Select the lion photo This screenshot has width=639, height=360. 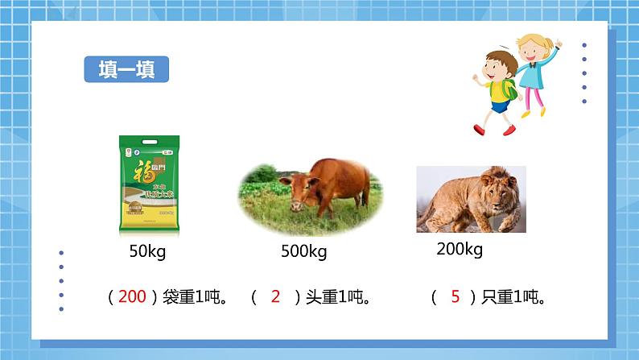[x=470, y=199]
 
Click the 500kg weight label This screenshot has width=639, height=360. [x=303, y=252]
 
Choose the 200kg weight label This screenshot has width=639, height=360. [x=459, y=249]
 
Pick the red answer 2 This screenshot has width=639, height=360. [x=275, y=297]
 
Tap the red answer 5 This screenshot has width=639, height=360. [x=455, y=297]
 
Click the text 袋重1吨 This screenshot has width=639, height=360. [x=190, y=297]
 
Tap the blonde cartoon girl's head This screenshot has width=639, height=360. [x=532, y=46]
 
